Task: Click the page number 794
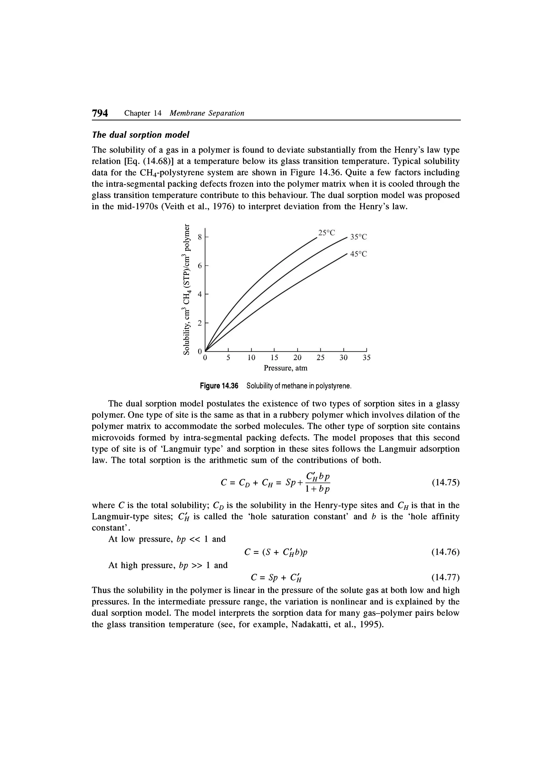(100, 113)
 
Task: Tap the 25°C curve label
(326, 233)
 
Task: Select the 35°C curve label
(358, 237)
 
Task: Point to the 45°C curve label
(358, 254)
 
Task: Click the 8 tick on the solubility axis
(200, 237)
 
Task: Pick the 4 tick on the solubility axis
(200, 294)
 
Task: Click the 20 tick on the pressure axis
(297, 357)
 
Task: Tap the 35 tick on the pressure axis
(367, 357)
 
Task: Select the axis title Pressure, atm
(285, 368)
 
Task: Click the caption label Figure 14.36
(219, 386)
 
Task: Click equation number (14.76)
(446, 552)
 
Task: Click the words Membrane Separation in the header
(207, 113)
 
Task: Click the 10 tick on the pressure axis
(251, 357)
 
